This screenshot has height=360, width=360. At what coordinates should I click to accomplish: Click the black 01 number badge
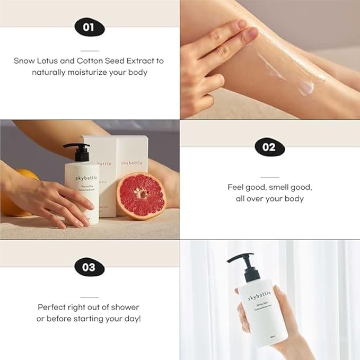[89, 27]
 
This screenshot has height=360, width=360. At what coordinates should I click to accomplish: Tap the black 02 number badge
[269, 147]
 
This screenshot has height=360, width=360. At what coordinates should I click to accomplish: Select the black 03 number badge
[89, 267]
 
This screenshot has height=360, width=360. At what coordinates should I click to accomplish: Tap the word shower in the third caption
[125, 308]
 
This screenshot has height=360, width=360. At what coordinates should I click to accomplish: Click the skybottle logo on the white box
[131, 163]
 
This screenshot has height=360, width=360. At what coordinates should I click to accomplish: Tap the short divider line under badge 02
[269, 178]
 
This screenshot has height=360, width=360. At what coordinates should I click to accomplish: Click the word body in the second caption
[293, 199]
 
